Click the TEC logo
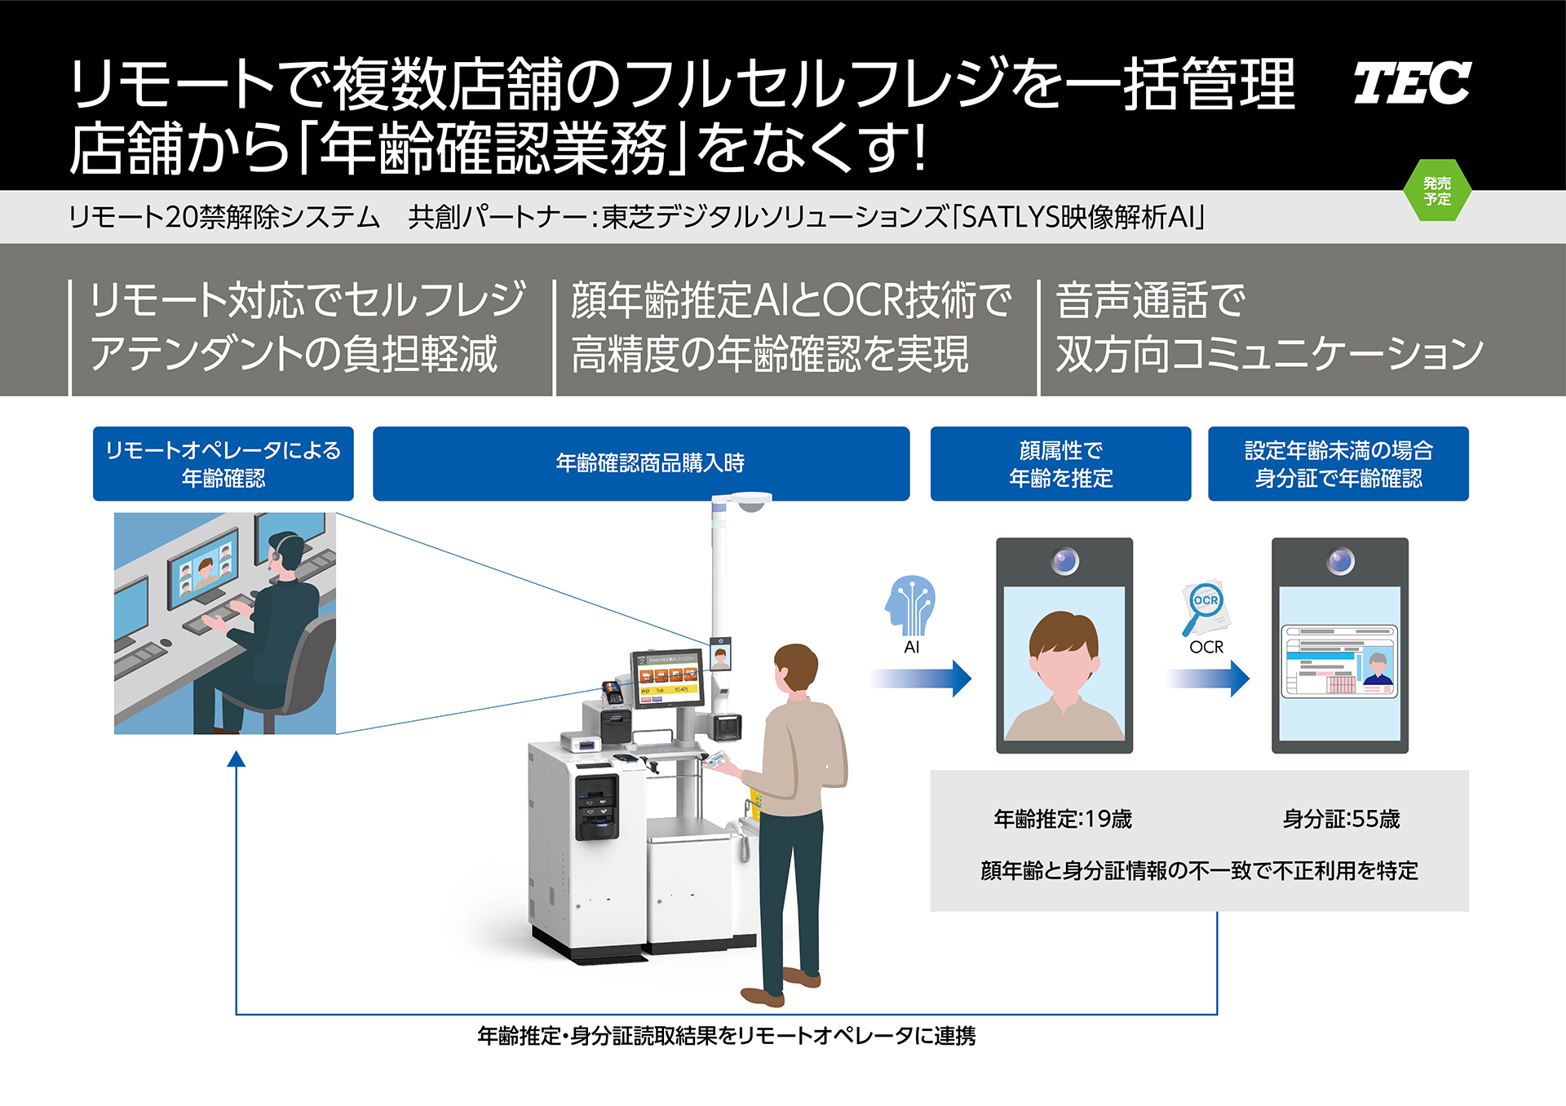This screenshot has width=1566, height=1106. click(x=1411, y=83)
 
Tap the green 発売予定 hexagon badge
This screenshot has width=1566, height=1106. click(x=1437, y=191)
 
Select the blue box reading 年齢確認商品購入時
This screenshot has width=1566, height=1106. click(x=641, y=463)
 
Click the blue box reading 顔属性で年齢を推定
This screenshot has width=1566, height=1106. click(x=1060, y=463)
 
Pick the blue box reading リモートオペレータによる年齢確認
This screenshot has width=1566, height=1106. click(x=223, y=463)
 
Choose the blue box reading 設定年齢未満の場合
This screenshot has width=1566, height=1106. click(x=1338, y=463)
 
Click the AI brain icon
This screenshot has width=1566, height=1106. click(x=911, y=605)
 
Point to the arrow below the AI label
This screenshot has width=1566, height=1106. click(x=922, y=678)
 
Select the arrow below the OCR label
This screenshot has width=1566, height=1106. click(x=1209, y=678)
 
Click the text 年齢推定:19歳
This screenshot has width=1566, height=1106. click(x=1063, y=819)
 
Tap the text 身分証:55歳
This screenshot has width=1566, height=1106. click(x=1341, y=819)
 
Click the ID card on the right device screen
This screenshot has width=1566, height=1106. click(x=1339, y=661)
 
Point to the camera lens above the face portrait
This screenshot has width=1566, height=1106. click(x=1064, y=561)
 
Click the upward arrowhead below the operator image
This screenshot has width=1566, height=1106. click(x=237, y=760)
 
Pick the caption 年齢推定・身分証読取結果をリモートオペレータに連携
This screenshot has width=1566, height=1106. click(x=726, y=1036)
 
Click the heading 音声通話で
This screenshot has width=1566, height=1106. click(x=1150, y=300)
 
